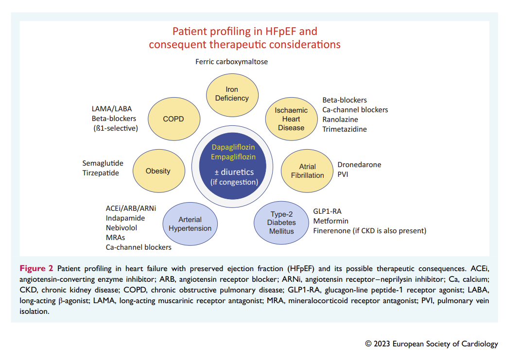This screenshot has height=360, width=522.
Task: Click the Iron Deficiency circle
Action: pyautogui.click(x=232, y=95)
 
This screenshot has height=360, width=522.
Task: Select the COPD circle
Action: pyautogui.click(x=174, y=119)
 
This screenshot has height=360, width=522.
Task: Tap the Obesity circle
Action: pyautogui.click(x=159, y=171)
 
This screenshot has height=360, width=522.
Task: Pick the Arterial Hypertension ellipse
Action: pyautogui.click(x=190, y=224)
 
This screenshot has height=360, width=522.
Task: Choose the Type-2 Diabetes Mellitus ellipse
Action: pyautogui.click(x=281, y=223)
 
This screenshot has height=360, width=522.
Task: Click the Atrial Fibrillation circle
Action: pyautogui.click(x=307, y=171)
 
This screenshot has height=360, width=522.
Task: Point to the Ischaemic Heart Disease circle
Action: pyautogui.click(x=291, y=119)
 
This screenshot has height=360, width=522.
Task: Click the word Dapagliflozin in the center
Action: pyautogui.click(x=233, y=147)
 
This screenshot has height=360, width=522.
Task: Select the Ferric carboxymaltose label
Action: pyautogui.click(x=231, y=62)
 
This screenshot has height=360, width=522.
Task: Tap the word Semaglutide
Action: pyautogui.click(x=103, y=163)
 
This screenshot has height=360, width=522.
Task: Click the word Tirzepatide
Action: pyautogui.click(x=101, y=173)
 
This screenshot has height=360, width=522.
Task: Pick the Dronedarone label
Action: pyautogui.click(x=359, y=165)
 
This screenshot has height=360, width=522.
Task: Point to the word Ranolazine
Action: pyautogui.click(x=340, y=120)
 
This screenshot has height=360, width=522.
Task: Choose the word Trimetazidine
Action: pyautogui.click(x=345, y=129)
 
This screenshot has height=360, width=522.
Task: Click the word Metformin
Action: pyautogui.click(x=331, y=221)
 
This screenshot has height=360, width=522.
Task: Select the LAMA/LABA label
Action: pyautogui.click(x=112, y=109)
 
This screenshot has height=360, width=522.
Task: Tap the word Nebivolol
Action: pyautogui.click(x=122, y=228)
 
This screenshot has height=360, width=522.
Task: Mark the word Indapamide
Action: pyautogui.click(x=125, y=218)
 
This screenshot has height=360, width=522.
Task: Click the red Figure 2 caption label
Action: pyautogui.click(x=36, y=269)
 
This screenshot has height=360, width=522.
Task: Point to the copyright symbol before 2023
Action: pyautogui.click(x=368, y=343)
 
